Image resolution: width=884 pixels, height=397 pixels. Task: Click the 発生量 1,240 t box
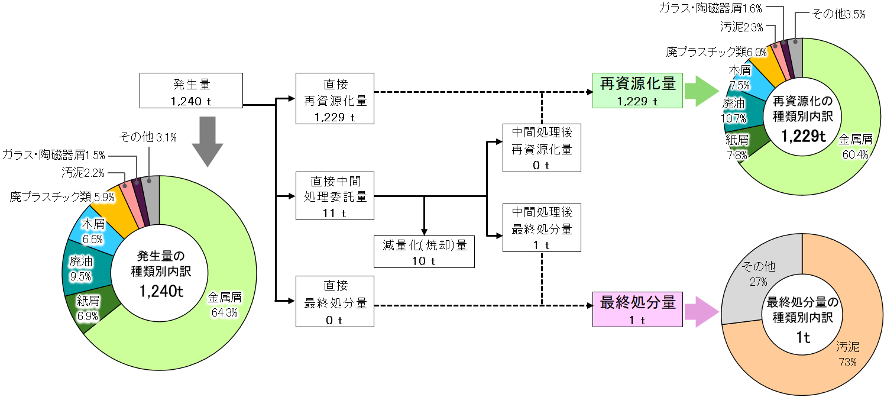[x=192, y=91]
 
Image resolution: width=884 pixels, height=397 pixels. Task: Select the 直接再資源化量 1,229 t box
[x=335, y=98]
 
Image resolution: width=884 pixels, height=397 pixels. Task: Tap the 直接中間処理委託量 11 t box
[x=335, y=195]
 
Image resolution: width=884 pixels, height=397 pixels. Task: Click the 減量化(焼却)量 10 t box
[x=425, y=251]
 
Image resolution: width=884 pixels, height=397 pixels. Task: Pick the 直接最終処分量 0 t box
[x=335, y=302]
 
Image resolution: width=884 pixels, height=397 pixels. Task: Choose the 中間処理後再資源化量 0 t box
[x=542, y=147]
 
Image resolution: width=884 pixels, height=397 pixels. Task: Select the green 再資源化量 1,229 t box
[x=637, y=91]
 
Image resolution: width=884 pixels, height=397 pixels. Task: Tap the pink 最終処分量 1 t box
[x=637, y=309]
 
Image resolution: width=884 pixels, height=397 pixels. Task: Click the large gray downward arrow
[x=207, y=141]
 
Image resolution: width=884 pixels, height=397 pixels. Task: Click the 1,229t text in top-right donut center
[x=802, y=136]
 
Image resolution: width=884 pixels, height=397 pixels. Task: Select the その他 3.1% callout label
[x=147, y=138]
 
